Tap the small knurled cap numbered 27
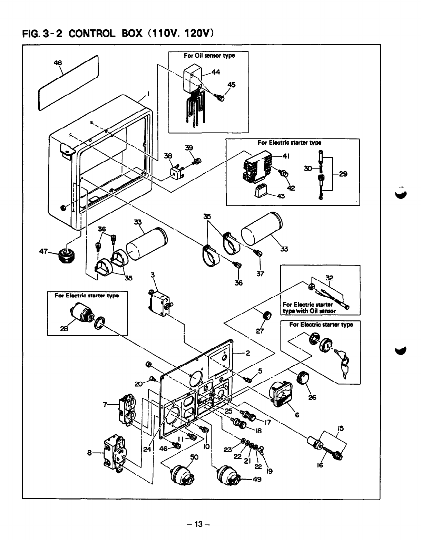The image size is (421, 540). (267, 316)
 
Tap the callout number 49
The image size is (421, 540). (257, 479)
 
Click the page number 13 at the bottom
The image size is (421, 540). (198, 524)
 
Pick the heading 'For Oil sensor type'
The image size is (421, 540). (209, 56)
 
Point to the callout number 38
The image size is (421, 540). (168, 156)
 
